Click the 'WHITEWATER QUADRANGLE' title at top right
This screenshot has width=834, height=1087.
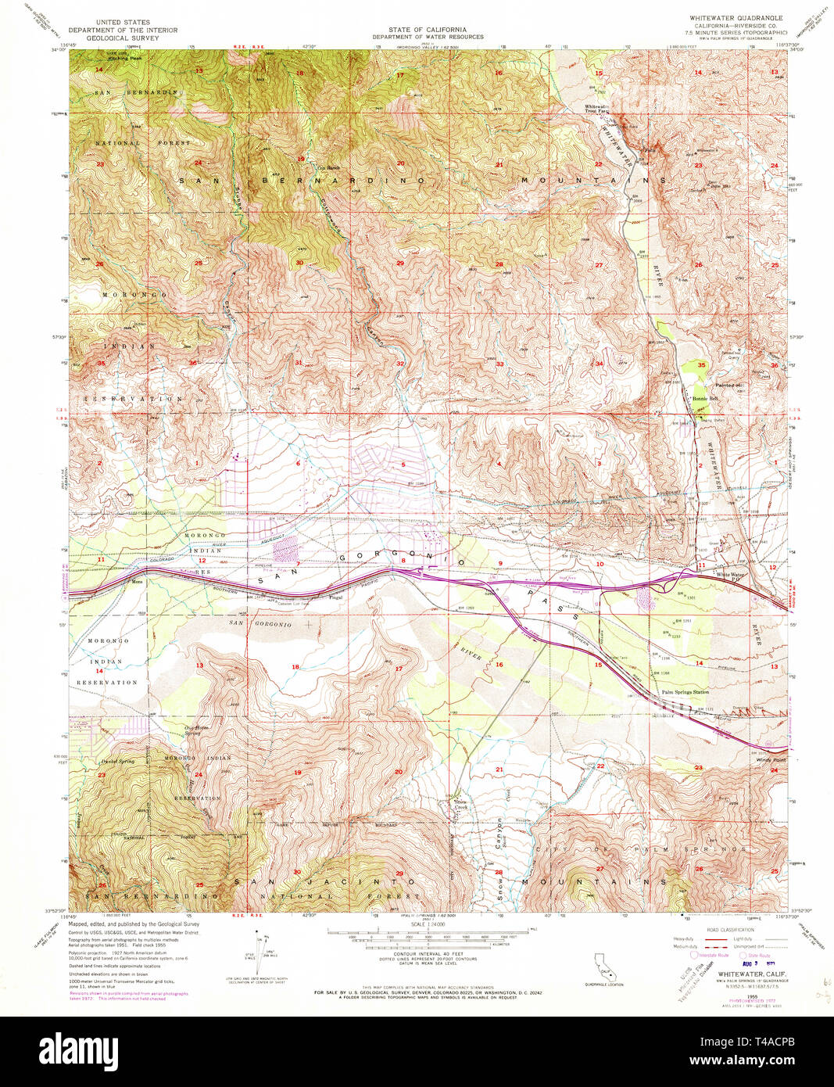tap(735, 17)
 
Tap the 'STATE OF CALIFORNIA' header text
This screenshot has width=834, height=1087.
tap(428, 30)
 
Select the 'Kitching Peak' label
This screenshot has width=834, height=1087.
tap(125, 58)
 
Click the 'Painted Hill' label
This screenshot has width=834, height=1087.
tap(727, 384)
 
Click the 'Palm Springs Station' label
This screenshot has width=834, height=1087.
tap(685, 692)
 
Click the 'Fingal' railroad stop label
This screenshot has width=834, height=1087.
tap(336, 597)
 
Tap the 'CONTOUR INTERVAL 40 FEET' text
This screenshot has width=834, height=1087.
tap(427, 954)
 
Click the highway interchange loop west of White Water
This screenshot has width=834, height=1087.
tap(669, 582)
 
